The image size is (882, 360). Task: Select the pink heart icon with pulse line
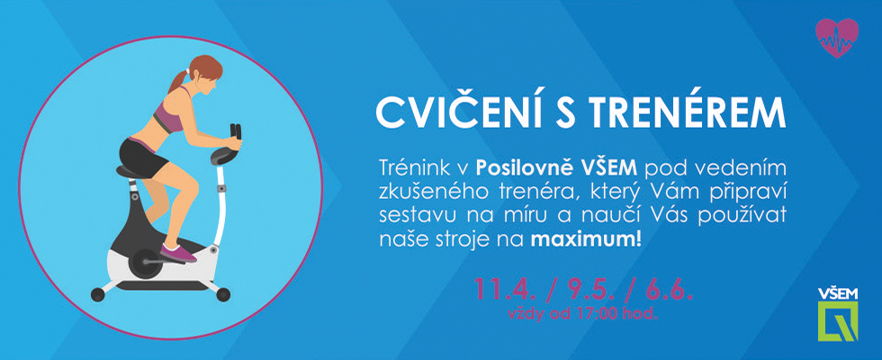point(837,38)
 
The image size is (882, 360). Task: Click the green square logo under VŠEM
point(838,321)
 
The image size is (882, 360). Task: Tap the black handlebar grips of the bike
point(234,131)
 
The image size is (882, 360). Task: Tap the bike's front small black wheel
point(223,294)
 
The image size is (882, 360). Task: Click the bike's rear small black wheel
point(98,294)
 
